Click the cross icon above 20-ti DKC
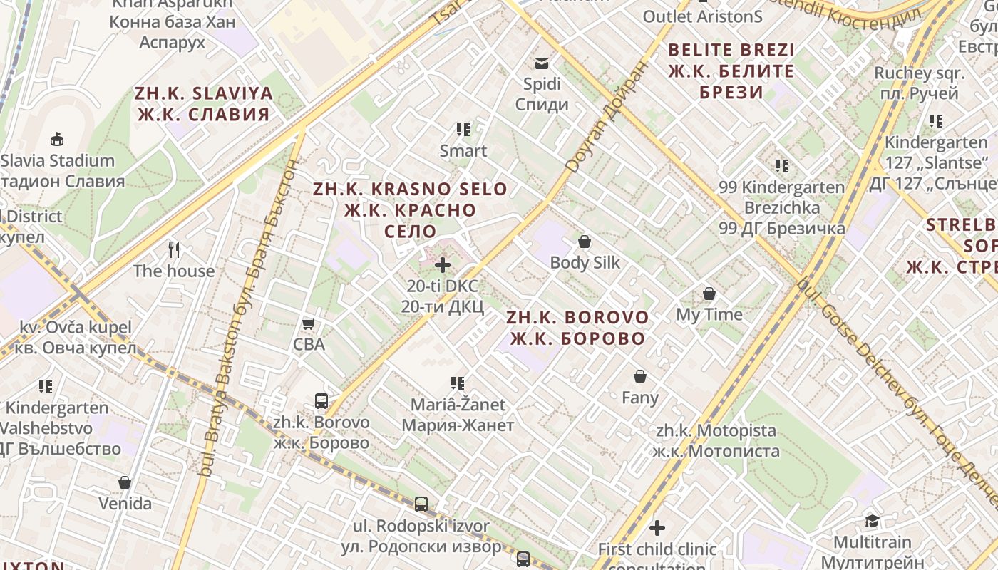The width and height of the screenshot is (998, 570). pos(443,265)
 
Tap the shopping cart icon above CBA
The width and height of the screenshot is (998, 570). pos(309,324)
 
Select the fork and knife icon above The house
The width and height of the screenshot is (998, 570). pos(174,249)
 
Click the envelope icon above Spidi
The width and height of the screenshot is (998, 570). pos(542,63)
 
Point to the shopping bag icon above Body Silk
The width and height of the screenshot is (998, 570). pos(585,242)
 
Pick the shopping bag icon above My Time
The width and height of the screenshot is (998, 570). pos(709,294)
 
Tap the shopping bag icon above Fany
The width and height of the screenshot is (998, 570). pos(640,375)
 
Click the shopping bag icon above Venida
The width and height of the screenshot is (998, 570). pos(125,482)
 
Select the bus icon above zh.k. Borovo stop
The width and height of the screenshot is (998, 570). pos(321,401)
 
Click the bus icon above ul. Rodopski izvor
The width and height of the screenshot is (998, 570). pos(421,504)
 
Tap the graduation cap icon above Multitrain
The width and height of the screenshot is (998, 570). pos(872,521)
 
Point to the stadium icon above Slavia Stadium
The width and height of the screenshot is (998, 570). pos(57,139)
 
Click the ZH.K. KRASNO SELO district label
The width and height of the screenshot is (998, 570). pos(410,210)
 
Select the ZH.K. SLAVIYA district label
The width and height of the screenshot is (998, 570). pos(204,103)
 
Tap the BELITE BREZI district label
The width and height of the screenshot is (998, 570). pos(731,71)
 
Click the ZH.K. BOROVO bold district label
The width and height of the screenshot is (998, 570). pos(577,328)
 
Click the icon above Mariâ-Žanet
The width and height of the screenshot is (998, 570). pos(458,383)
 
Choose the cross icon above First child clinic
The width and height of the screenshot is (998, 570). pos(657,528)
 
